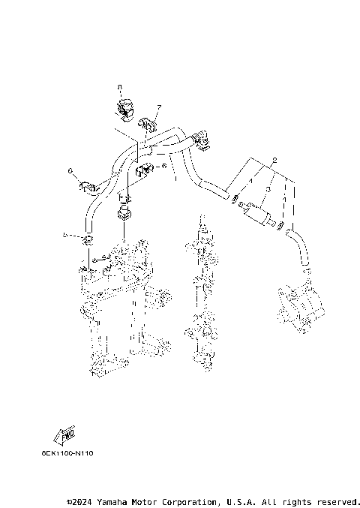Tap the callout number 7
[158, 107]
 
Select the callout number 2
[275, 161]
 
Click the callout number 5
[65, 236]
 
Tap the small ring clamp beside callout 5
[88, 239]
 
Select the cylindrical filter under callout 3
[257, 216]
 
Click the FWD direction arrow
[63, 434]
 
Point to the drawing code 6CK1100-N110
[68, 452]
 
